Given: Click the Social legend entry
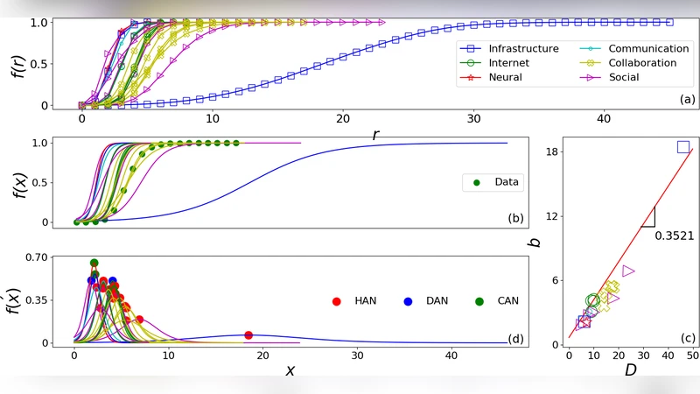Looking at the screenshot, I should pyautogui.click(x=623, y=77).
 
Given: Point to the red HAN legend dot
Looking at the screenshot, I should pyautogui.click(x=336, y=300).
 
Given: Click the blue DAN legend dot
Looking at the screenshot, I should pyautogui.click(x=408, y=300).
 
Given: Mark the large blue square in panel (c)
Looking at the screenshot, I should pyautogui.click(x=682, y=147).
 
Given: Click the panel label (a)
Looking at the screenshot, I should pyautogui.click(x=687, y=100).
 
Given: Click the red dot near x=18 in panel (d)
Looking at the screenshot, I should pyautogui.click(x=248, y=335).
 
